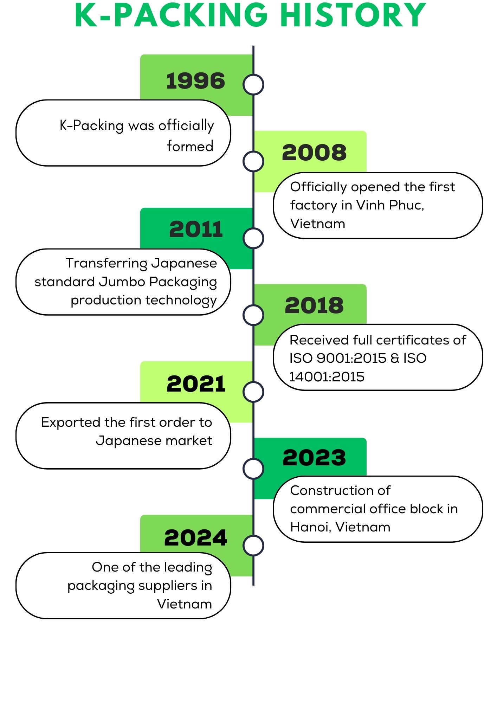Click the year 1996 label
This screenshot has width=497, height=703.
click(195, 81)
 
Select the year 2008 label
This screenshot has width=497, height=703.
click(314, 153)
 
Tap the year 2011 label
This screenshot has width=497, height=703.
click(196, 229)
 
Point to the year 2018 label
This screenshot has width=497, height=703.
click(314, 305)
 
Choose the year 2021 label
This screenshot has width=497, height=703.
click(196, 383)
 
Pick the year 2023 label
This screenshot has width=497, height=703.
click(314, 458)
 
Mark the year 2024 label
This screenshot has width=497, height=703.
click(196, 538)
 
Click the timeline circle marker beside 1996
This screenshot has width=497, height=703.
click(253, 85)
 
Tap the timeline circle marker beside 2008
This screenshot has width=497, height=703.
click(253, 161)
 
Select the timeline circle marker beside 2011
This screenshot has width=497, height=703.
click(253, 238)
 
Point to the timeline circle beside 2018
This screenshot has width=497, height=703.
click(253, 315)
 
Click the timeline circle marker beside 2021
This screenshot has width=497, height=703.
click(253, 392)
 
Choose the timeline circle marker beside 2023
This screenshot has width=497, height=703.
click(253, 469)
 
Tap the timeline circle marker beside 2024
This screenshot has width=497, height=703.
click(253, 546)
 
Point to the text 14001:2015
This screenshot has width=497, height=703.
click(327, 377)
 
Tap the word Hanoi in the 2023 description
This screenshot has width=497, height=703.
click(310, 527)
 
